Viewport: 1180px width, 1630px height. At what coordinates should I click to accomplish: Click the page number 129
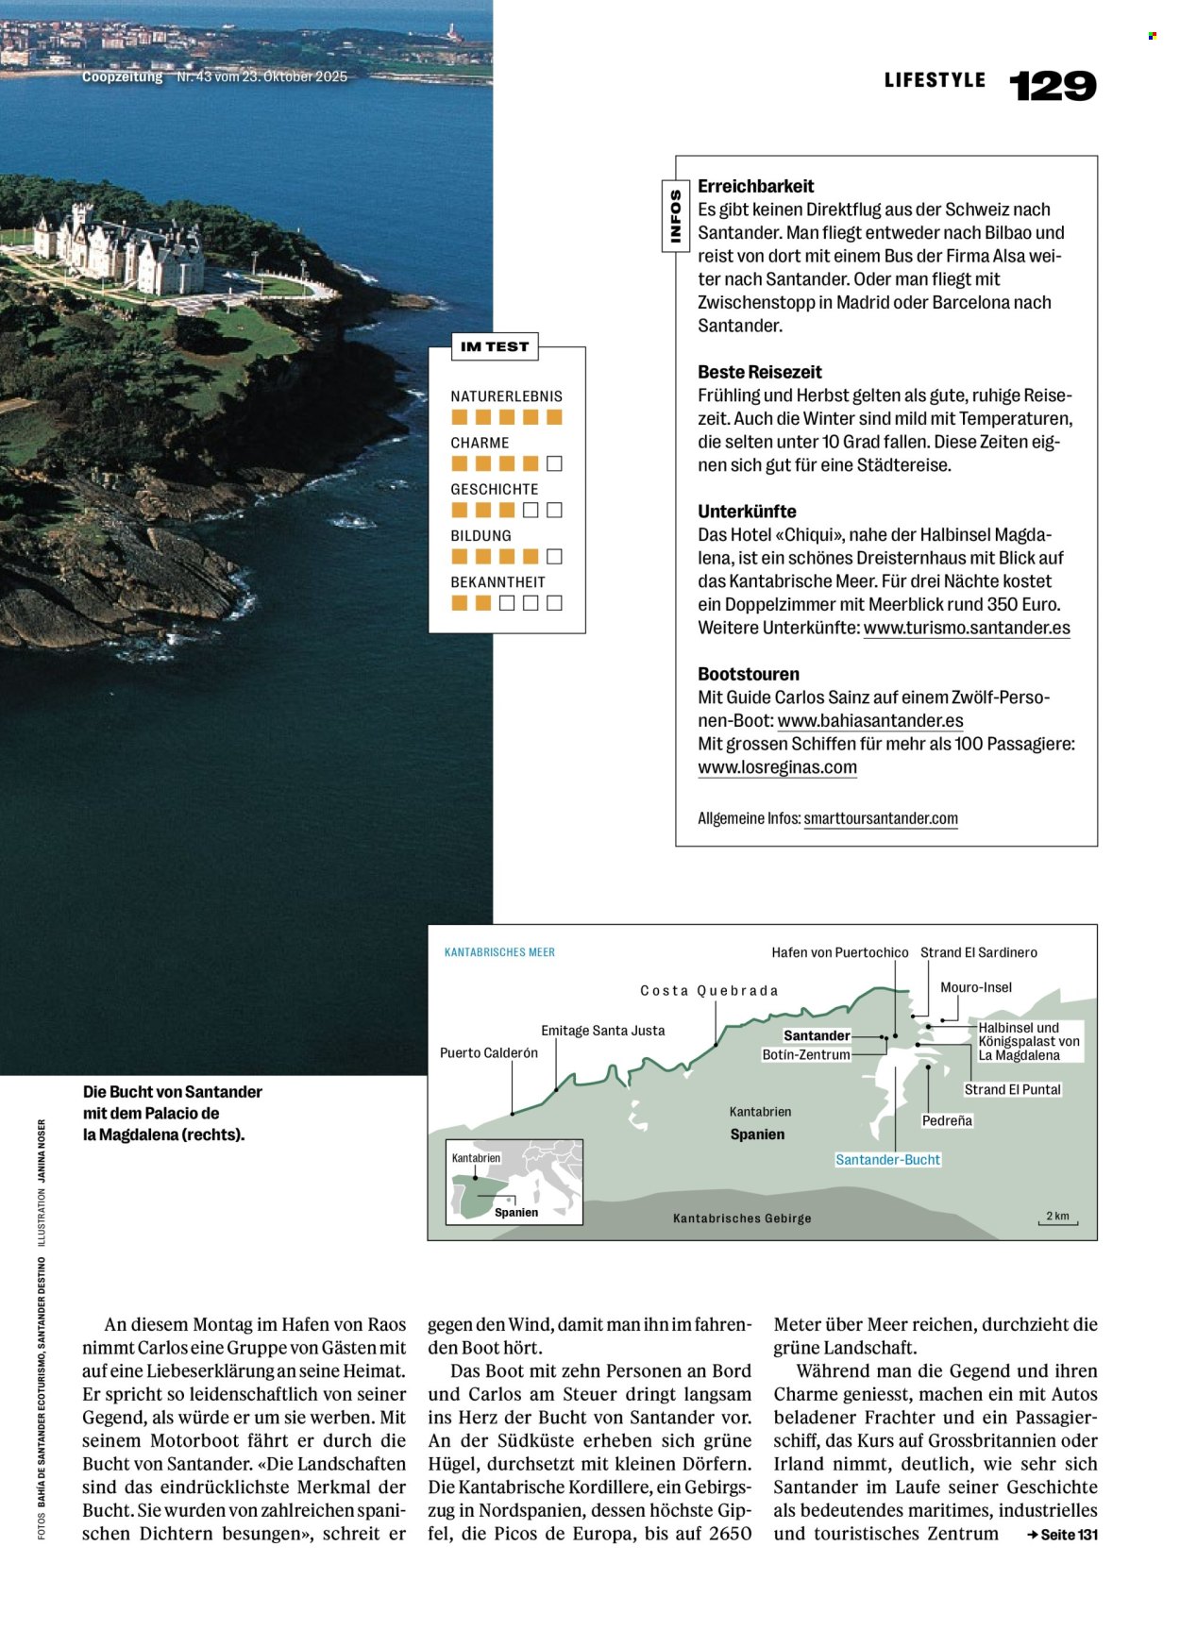point(1053,86)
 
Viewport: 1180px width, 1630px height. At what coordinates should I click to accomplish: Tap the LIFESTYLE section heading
point(935,81)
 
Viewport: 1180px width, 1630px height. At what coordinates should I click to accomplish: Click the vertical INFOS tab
point(675,217)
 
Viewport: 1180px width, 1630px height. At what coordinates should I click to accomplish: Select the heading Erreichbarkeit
point(755,187)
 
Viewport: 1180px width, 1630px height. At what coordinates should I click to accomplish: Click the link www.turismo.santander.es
point(967,628)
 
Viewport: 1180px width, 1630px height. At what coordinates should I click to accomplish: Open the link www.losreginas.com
point(777,767)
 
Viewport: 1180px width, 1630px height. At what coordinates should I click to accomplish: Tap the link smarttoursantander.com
point(881,819)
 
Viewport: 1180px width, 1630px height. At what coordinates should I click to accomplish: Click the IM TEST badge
point(495,346)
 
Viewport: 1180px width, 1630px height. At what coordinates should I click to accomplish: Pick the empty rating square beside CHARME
point(555,463)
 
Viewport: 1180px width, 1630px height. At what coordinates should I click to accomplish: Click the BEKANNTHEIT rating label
point(497,582)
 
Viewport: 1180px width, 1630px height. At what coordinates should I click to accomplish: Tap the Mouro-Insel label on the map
point(975,987)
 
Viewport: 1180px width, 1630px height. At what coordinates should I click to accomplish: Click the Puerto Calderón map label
point(489,1052)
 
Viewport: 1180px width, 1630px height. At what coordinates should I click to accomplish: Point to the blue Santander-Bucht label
point(887,1160)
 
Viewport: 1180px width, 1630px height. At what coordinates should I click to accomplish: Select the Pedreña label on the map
point(947,1120)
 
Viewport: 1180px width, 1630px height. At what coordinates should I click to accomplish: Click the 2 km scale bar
point(1057,1218)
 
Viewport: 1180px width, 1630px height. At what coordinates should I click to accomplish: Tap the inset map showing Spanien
point(514,1182)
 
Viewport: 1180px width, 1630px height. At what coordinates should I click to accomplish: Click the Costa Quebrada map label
point(709,991)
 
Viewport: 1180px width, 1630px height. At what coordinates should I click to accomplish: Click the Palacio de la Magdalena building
point(118,250)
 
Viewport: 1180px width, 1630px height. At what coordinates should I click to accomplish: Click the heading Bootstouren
point(749,674)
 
